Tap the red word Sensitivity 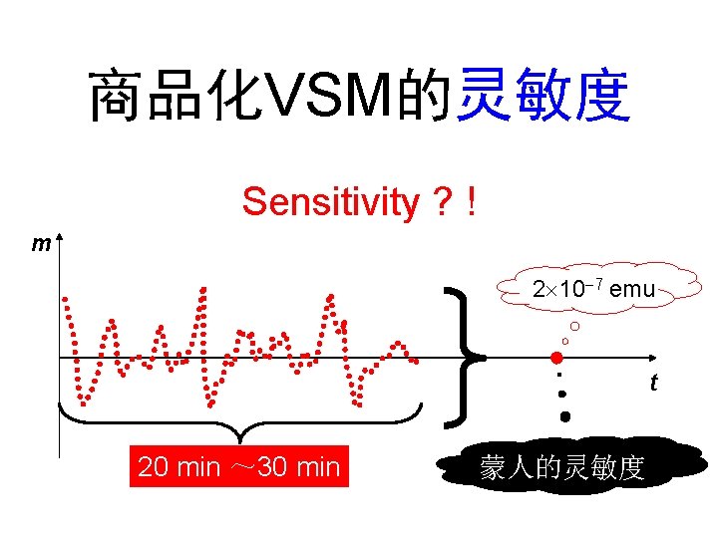331,202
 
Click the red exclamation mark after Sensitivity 468,202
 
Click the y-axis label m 41,243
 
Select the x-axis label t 653,382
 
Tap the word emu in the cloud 632,290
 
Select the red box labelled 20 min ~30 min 239,466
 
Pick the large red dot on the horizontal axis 556,358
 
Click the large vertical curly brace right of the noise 465,356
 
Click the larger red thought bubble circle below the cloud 575,327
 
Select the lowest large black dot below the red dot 564,416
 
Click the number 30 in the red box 270,466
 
